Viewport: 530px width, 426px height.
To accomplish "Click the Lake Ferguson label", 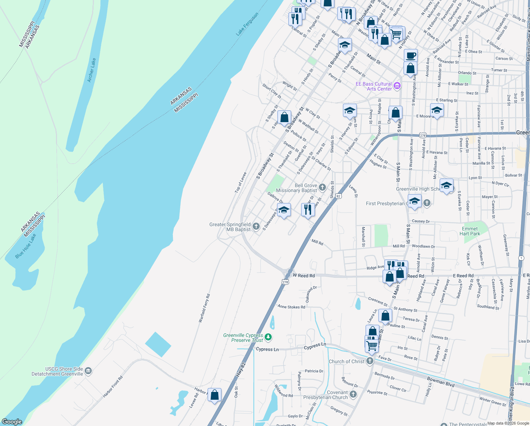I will (247, 24).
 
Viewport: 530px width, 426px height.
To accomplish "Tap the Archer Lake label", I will (91, 70).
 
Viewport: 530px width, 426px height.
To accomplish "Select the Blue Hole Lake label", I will (26, 246).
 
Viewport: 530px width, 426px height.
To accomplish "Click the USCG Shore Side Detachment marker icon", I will (88, 371).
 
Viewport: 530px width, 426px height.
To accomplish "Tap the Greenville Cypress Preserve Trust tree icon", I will (268, 337).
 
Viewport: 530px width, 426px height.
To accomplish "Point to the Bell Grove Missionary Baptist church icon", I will (322, 187).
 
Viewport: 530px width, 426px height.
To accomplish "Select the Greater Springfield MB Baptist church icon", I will (256, 226).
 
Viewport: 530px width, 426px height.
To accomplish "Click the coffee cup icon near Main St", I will (411, 55).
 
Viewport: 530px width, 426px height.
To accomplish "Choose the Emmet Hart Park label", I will (470, 231).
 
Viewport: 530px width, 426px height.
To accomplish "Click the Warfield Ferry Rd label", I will (204, 308).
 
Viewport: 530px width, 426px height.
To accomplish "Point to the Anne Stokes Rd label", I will (291, 307).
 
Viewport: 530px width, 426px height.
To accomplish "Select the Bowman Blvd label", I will (441, 382).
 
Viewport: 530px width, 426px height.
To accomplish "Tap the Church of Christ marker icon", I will (370, 361).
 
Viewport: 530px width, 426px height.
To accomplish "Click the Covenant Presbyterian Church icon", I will (353, 394).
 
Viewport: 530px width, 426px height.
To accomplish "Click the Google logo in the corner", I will (12, 422).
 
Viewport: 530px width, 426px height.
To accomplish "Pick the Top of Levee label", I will (241, 182).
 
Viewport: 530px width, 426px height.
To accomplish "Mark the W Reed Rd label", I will (304, 275).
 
